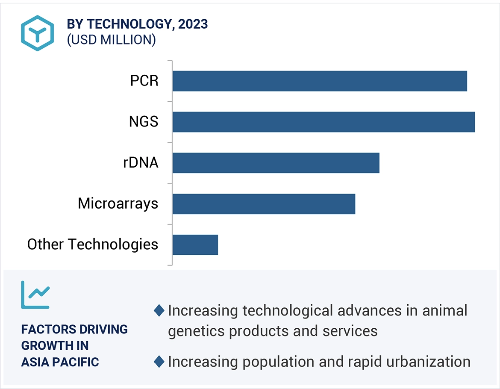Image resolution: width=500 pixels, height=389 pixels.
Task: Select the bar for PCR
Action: pyautogui.click(x=320, y=81)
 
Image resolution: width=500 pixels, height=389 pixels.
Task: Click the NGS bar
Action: pyautogui.click(x=324, y=122)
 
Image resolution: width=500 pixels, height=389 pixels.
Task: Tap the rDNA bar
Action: pyautogui.click(x=276, y=163)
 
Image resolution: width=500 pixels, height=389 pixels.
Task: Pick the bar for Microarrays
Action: pyautogui.click(x=264, y=204)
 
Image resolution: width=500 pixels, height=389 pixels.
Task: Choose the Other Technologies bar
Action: pyautogui.click(x=195, y=245)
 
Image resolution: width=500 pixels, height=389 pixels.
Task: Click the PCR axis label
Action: pyautogui.click(x=144, y=81)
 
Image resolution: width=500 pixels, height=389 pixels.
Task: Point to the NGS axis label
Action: pyautogui.click(x=144, y=122)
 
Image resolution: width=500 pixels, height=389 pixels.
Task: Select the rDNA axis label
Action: pyautogui.click(x=141, y=163)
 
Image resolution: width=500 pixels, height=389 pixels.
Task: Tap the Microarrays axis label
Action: pyautogui.click(x=118, y=203)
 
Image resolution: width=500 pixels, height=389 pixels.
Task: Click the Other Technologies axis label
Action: pyautogui.click(x=93, y=245)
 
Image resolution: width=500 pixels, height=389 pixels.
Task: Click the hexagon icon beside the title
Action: pyautogui.click(x=38, y=33)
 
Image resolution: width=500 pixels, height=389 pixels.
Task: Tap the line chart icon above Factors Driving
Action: pyautogui.click(x=35, y=295)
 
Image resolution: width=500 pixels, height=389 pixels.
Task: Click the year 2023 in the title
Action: pyautogui.click(x=193, y=24)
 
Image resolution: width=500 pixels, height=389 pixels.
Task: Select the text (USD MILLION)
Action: pyautogui.click(x=111, y=40)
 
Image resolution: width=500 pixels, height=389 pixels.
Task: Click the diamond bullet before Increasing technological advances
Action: pyautogui.click(x=159, y=311)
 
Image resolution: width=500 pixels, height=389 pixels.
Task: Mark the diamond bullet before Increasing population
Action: pyautogui.click(x=159, y=362)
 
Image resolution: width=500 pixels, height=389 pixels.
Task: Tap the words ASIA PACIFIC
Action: pyautogui.click(x=60, y=362)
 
